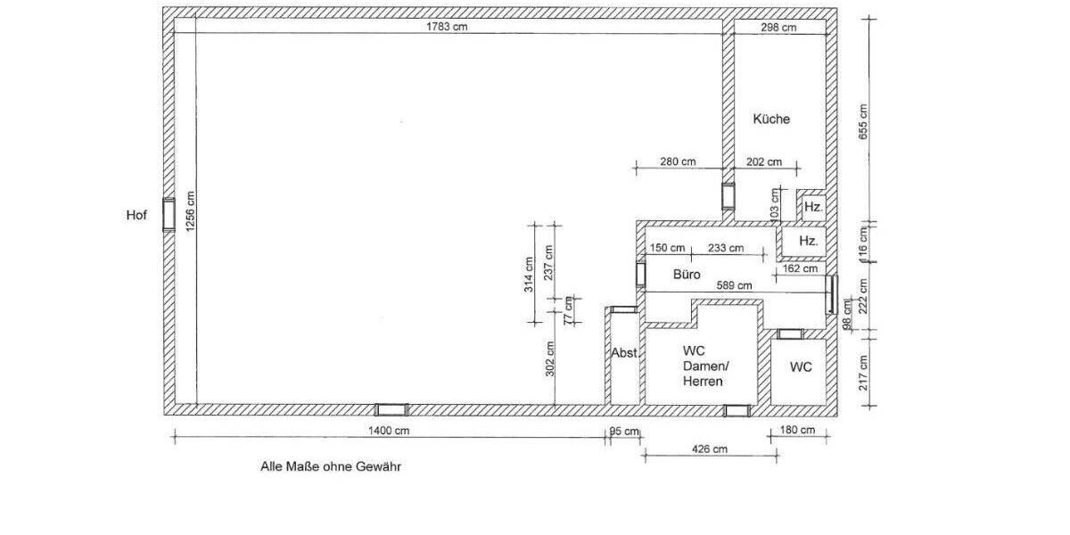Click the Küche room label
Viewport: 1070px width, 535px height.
pos(771,119)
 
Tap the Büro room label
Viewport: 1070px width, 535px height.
pos(687,275)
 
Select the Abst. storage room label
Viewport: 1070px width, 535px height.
pos(625,353)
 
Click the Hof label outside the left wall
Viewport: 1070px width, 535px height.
pos(136,216)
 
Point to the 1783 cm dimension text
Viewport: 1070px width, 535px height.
pos(447,27)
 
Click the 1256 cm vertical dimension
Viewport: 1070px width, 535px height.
pos(190,211)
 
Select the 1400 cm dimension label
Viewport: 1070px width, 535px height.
pos(389,431)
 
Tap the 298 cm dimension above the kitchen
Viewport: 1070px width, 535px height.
pos(778,28)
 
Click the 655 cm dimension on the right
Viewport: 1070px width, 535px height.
pos(863,122)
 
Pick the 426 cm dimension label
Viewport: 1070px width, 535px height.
pos(710,449)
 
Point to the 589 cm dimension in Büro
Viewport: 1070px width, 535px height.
pos(734,285)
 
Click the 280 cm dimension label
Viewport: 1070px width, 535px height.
pos(678,162)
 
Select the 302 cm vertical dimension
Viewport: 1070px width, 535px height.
pos(550,358)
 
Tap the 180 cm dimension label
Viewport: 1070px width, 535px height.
pos(797,430)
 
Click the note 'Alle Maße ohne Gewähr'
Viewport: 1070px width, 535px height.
pos(331,466)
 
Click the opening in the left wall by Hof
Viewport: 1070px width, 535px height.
pos(169,215)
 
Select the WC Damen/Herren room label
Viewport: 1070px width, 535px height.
pos(705,366)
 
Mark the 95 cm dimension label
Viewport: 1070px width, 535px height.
pos(624,432)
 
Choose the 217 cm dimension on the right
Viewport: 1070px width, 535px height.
pos(863,373)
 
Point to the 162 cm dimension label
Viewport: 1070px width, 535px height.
pos(800,269)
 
